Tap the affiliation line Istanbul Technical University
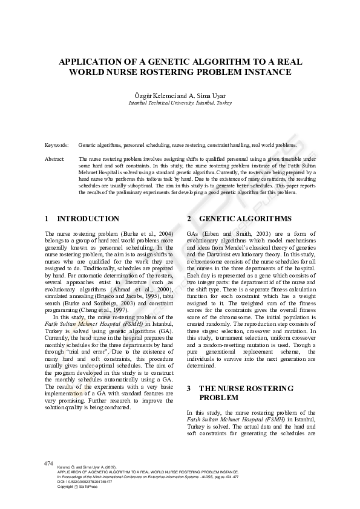tap(180, 103)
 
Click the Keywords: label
tap(56, 146)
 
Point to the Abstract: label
tap(55, 158)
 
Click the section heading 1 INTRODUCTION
tap(82, 219)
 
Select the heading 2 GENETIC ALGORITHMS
tap(231, 219)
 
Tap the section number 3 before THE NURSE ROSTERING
tap(189, 388)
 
